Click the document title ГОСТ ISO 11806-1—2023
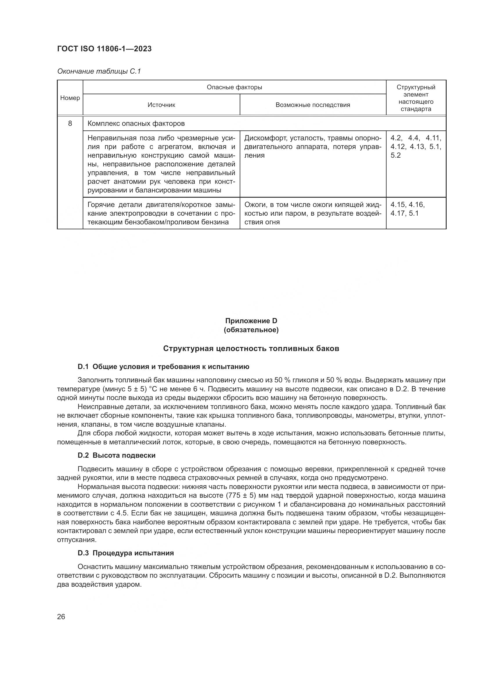[x=104, y=49]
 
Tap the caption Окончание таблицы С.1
[x=99, y=71]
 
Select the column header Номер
[x=70, y=98]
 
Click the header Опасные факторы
[x=234, y=87]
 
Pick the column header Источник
[x=161, y=105]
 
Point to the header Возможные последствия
[x=313, y=105]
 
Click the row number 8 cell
[x=70, y=123]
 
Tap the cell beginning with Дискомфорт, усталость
[x=313, y=147]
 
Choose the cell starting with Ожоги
[x=313, y=213]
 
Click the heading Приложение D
[x=251, y=321]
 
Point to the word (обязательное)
[x=251, y=330]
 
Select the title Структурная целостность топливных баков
[x=251, y=348]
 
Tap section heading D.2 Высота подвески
[x=116, y=455]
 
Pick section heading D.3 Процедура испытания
[x=126, y=553]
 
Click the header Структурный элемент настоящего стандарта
[x=416, y=98]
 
